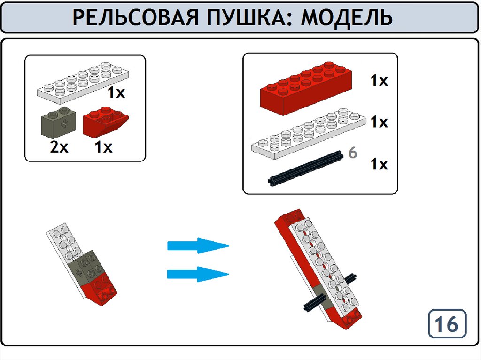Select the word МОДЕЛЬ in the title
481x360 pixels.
point(347,18)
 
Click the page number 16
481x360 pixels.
point(447,324)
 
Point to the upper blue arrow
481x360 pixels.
point(198,245)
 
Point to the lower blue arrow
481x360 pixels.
point(198,274)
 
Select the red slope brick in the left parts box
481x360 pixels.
point(105,122)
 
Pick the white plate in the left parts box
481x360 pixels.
point(83,82)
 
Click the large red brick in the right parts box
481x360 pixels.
point(306,88)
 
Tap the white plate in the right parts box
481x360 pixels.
point(309,134)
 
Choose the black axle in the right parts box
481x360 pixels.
point(305,169)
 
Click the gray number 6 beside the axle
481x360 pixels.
point(353,153)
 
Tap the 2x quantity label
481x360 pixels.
point(59,147)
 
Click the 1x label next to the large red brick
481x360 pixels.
point(380,81)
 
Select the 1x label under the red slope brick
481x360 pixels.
point(104,147)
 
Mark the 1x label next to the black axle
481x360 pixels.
point(380,164)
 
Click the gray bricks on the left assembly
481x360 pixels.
point(87,266)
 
